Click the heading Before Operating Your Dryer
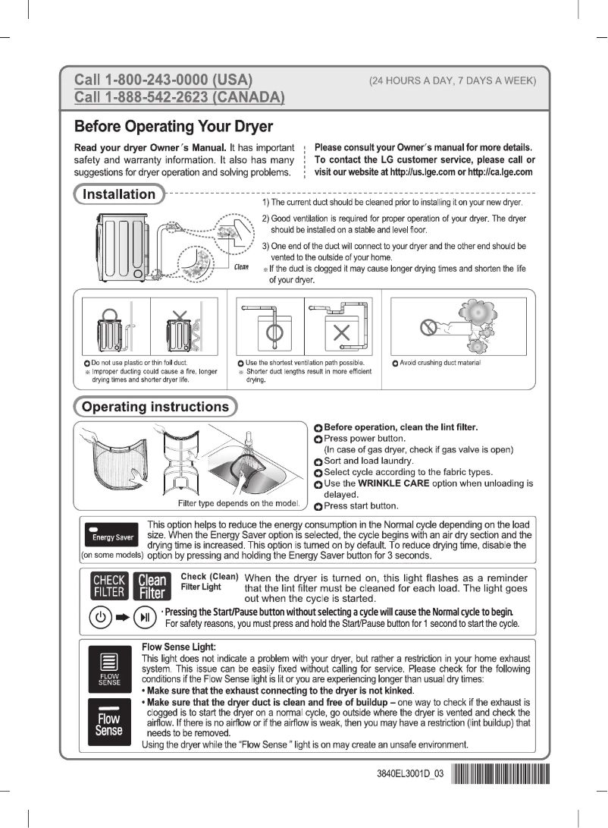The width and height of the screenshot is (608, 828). pos(173,125)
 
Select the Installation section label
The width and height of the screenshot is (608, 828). pos(118,194)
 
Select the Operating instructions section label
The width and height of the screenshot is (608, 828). pos(155,407)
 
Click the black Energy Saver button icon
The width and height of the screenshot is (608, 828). pos(113,534)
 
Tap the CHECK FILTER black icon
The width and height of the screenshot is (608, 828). pos(108,586)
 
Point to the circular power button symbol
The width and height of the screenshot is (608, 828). pos(101,616)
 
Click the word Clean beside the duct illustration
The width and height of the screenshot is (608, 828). pos(241,266)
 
